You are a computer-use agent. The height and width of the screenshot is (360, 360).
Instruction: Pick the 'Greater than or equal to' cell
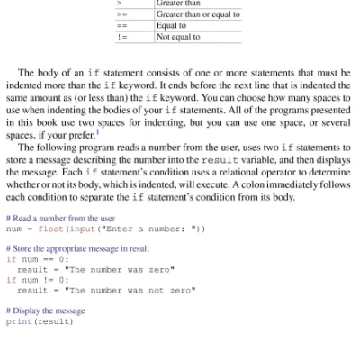point(197,15)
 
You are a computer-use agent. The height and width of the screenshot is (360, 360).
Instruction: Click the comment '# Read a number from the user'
point(60,218)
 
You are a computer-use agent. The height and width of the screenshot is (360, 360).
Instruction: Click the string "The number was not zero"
point(130,290)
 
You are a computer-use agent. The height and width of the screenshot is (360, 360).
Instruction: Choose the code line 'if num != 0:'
point(37,280)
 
